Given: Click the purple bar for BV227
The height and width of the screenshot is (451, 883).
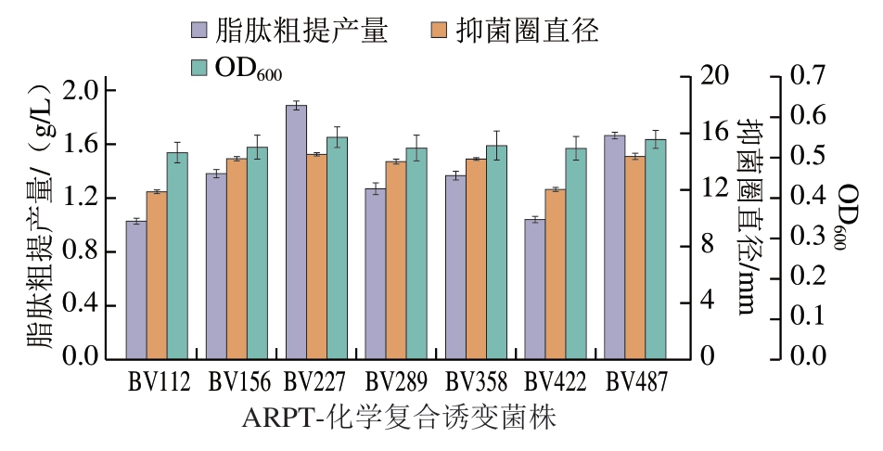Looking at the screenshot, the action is tap(296, 232).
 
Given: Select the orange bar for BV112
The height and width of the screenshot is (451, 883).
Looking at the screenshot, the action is tap(157, 275).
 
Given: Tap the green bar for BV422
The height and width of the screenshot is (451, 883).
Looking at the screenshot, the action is tap(576, 253).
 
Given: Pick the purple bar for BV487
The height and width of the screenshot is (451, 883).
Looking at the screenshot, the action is tap(615, 247).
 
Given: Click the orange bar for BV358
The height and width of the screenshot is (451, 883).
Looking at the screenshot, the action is tap(476, 259).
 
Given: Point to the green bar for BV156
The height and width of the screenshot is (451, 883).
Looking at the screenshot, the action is tap(257, 253).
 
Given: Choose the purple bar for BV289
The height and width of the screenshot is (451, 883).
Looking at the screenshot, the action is tap(376, 274).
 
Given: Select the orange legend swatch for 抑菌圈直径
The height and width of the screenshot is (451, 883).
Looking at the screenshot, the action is tap(439, 30).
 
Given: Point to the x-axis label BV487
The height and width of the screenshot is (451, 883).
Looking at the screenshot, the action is tap(636, 381).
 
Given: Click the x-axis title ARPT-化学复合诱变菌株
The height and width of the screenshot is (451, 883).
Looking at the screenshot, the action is tap(399, 419).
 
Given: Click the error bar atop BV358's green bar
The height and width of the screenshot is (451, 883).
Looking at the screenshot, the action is tap(496, 146).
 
